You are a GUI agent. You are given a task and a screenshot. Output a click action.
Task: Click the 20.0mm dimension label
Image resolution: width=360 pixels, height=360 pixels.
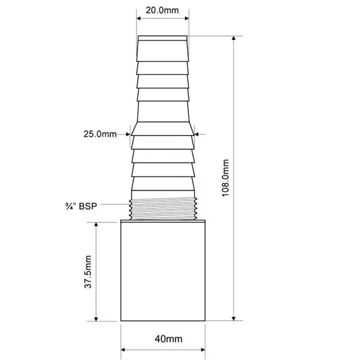pyautogui.click(x=162, y=10)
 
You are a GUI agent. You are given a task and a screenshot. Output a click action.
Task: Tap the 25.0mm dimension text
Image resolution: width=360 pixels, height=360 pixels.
pyautogui.click(x=100, y=134)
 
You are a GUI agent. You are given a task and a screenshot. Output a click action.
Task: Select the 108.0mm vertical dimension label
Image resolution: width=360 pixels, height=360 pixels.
pyautogui.click(x=226, y=178)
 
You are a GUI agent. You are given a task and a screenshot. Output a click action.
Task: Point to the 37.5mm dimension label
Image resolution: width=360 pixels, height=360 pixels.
pyautogui.click(x=88, y=272)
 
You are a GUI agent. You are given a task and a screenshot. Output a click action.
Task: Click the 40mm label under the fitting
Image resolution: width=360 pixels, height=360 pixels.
pyautogui.click(x=169, y=339)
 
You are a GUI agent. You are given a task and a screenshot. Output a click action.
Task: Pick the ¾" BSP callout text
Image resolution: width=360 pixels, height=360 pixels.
pyautogui.click(x=81, y=206)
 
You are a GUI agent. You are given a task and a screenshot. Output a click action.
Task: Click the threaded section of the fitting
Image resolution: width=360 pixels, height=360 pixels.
pyautogui.click(x=163, y=208)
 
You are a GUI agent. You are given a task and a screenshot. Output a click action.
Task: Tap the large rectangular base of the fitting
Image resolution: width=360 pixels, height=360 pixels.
pyautogui.click(x=163, y=271)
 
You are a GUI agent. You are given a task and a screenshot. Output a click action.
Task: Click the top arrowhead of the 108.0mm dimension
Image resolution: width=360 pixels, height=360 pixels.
pyautogui.click(x=233, y=38)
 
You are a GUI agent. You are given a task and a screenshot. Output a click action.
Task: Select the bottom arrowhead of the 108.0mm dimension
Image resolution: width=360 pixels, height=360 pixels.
pyautogui.click(x=233, y=318)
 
